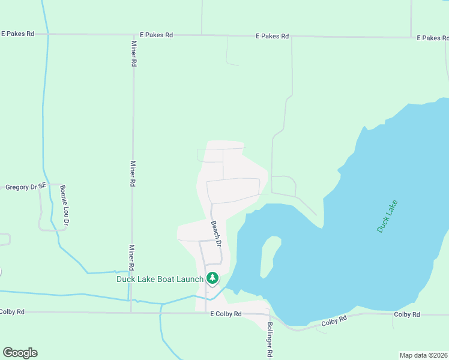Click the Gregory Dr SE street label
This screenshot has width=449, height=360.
coord(26,187)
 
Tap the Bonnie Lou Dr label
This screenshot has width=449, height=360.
coord(64,205)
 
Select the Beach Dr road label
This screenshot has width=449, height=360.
coord(216,234)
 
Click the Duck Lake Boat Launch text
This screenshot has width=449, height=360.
coord(160,278)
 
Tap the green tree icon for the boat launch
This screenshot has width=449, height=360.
coord(212,278)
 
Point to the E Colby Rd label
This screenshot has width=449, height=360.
coord(225,314)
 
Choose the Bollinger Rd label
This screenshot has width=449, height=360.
coord(270,341)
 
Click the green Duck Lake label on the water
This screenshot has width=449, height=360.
coord(387,216)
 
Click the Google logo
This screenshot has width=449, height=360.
coord(20,352)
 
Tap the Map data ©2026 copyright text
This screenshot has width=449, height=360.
coord(424,355)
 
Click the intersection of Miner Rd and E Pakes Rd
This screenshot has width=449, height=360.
coord(133,35)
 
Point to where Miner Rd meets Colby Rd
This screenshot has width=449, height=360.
coord(131,312)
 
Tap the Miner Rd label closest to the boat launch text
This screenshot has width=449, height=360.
coord(131,257)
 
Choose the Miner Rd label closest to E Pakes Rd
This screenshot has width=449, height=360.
coord(134,54)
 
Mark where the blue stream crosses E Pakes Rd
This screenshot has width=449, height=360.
coord(47,34)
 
